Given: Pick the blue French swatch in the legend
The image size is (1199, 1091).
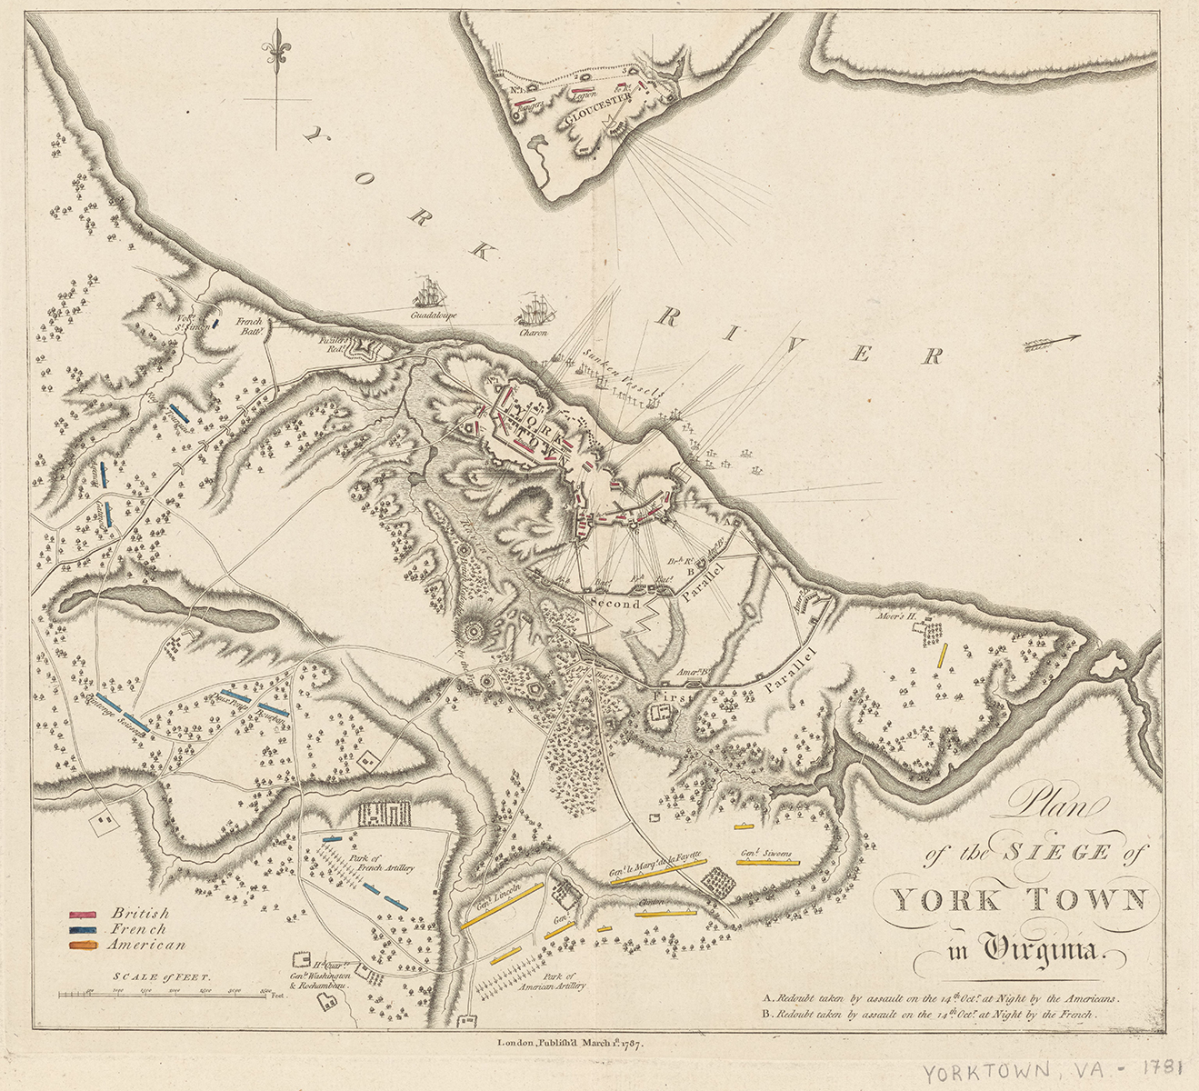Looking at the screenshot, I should pos(84,930).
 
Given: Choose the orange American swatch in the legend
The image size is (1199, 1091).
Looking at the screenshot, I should pos(84,946).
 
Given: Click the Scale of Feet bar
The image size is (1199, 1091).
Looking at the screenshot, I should pos(164,996).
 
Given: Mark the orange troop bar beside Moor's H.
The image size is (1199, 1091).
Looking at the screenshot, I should pos(944,656).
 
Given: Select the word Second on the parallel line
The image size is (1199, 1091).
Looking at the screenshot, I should pos(615,603).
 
